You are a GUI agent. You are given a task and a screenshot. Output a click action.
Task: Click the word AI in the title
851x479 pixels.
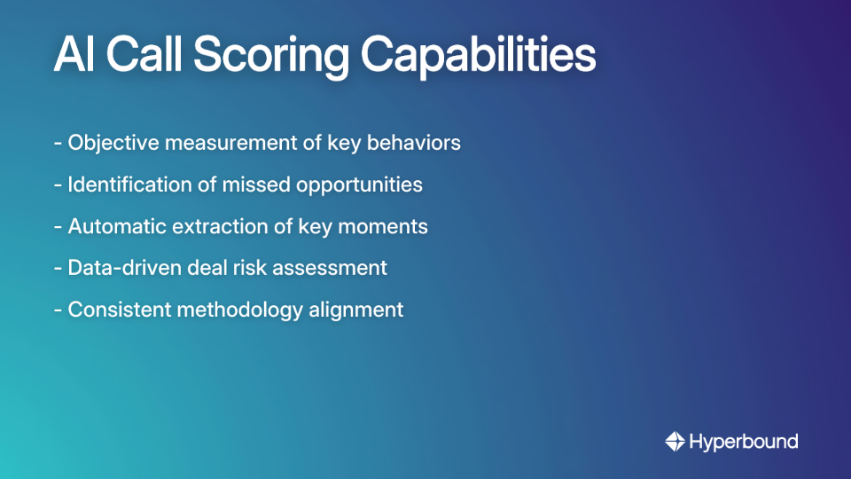[x=74, y=55]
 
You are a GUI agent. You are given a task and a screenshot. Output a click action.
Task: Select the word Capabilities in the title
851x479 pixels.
[x=478, y=55]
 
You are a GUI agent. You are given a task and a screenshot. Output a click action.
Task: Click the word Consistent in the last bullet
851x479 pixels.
[x=114, y=310]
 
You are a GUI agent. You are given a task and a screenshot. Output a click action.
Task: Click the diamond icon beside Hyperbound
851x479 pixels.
[x=675, y=441]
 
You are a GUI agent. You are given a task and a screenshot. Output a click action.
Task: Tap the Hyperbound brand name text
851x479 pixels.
[x=744, y=441]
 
